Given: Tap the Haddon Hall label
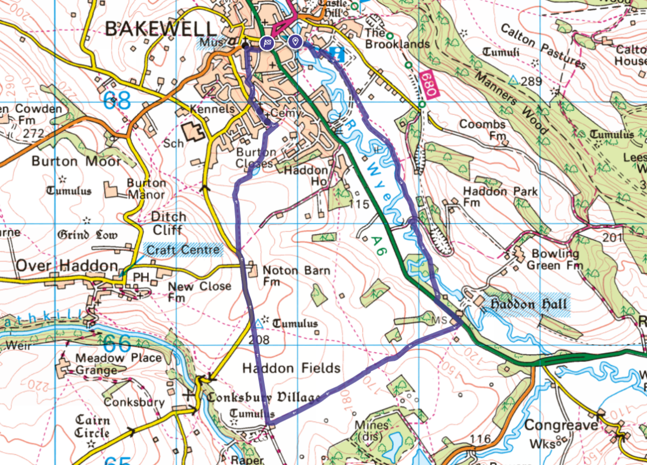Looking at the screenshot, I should point(528,305).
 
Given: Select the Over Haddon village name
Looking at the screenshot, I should point(66,265).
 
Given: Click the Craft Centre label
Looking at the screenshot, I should point(183,249).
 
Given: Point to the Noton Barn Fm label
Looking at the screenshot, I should point(295,275).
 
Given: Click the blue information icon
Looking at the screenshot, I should point(338,53).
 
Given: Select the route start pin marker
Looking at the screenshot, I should point(294,41).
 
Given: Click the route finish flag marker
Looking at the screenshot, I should point(267,43).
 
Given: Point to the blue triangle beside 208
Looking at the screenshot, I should point(259,324).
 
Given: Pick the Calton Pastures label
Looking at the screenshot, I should point(542,46).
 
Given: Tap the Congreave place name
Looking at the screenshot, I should point(561,426).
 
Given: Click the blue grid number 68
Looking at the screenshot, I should point(118,100).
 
